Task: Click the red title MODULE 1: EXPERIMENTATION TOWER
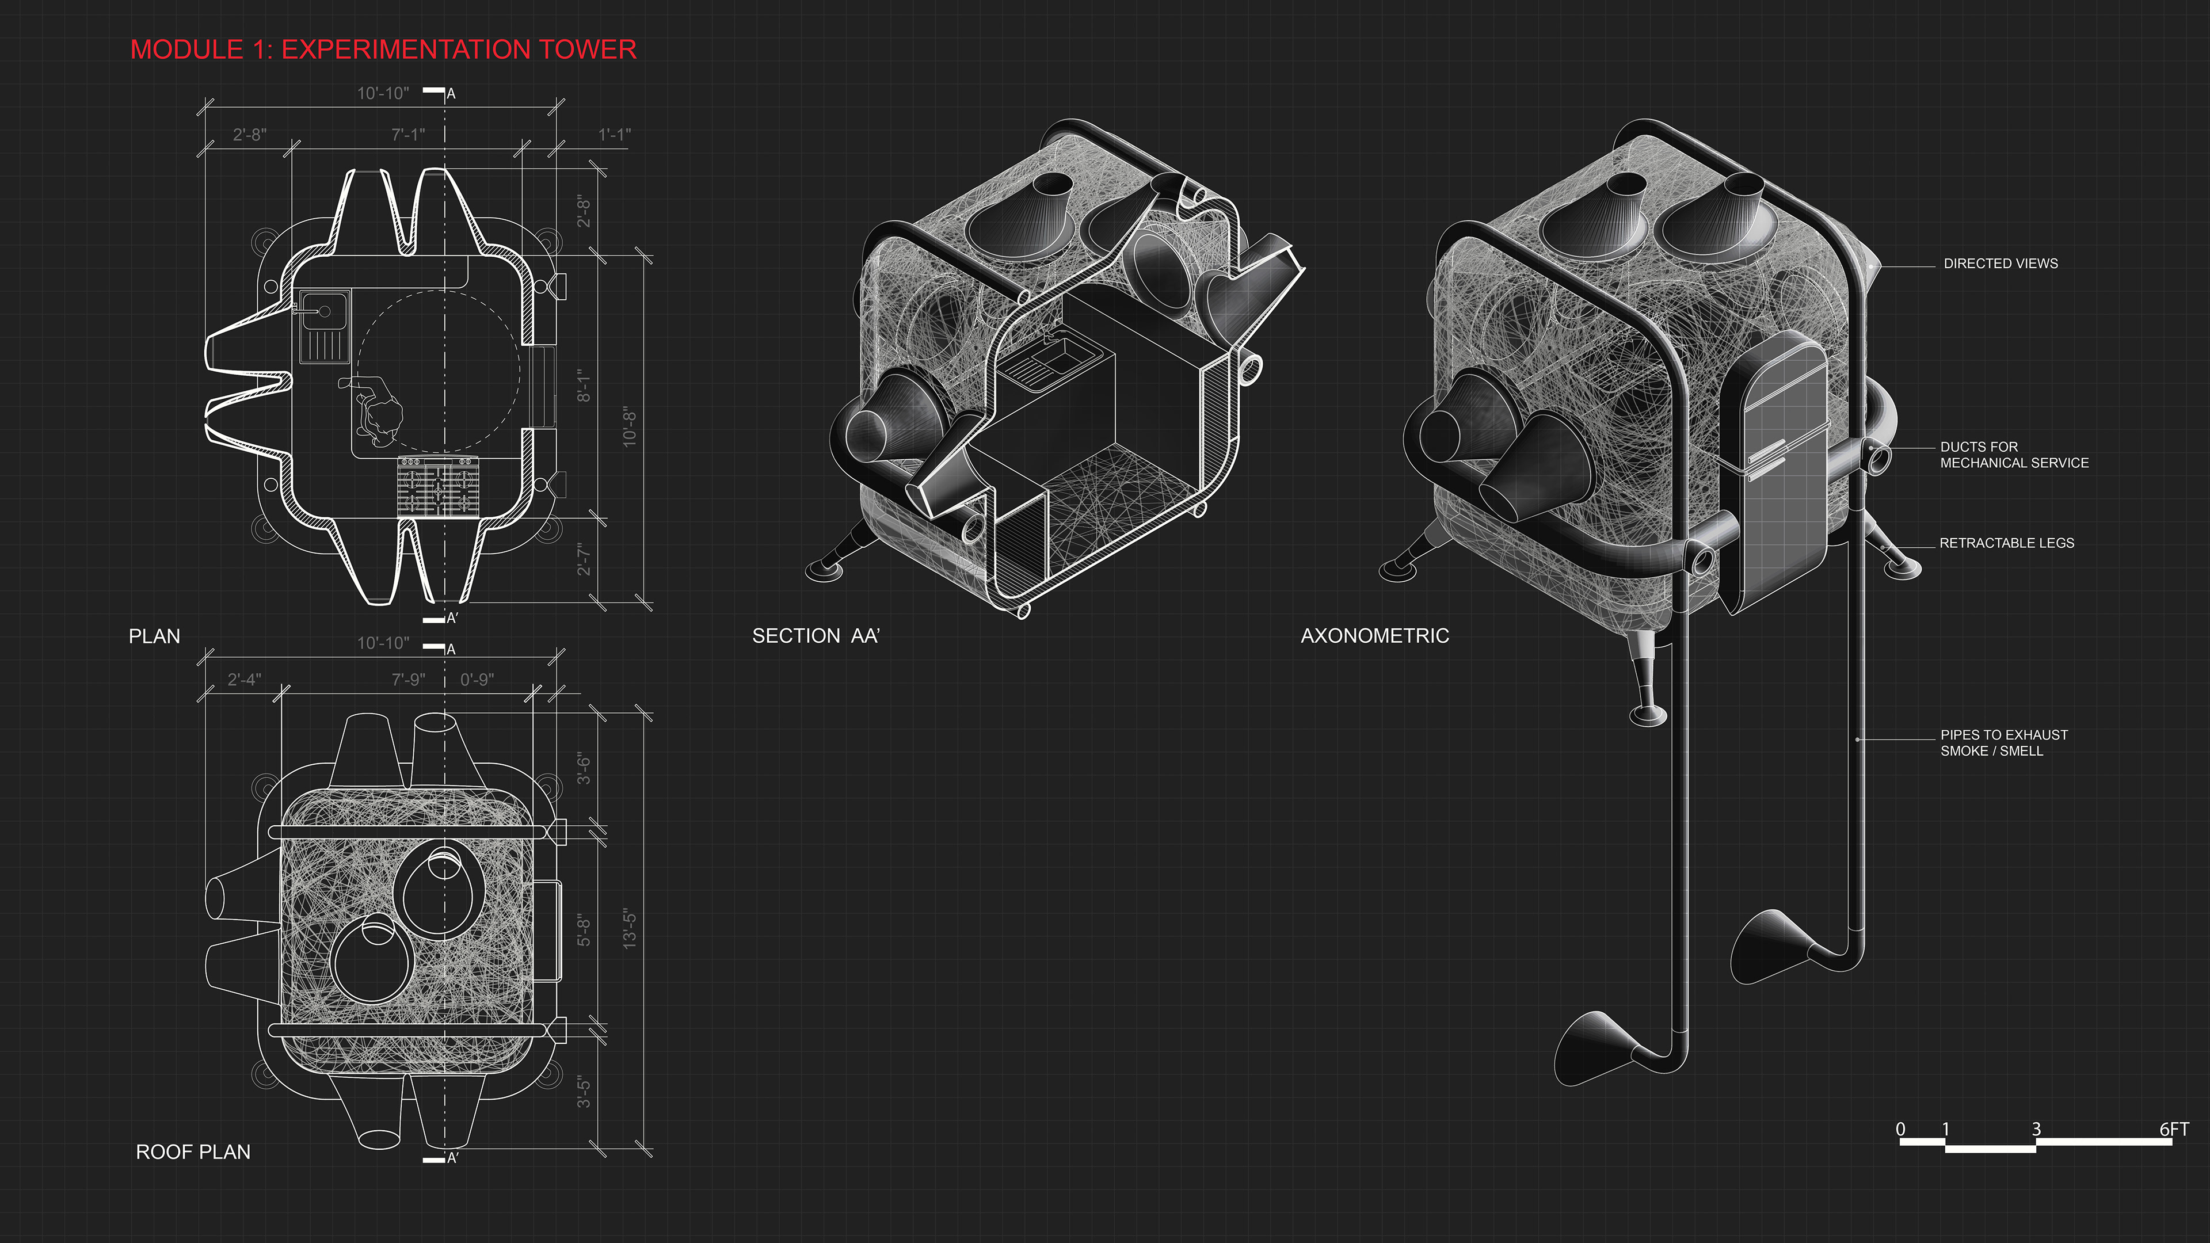pyautogui.click(x=383, y=49)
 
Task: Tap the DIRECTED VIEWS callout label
pyautogui.click(x=2001, y=264)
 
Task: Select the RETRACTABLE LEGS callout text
pyautogui.click(x=2007, y=543)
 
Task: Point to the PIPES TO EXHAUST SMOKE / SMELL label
pyautogui.click(x=2004, y=743)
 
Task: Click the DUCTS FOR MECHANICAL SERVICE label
pyautogui.click(x=2014, y=455)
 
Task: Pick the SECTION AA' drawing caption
pyautogui.click(x=816, y=636)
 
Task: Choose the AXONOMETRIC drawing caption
pyautogui.click(x=1374, y=636)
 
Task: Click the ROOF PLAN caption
pyautogui.click(x=193, y=1152)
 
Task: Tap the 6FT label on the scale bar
pyautogui.click(x=2174, y=1129)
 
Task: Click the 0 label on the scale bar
pyautogui.click(x=1900, y=1129)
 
